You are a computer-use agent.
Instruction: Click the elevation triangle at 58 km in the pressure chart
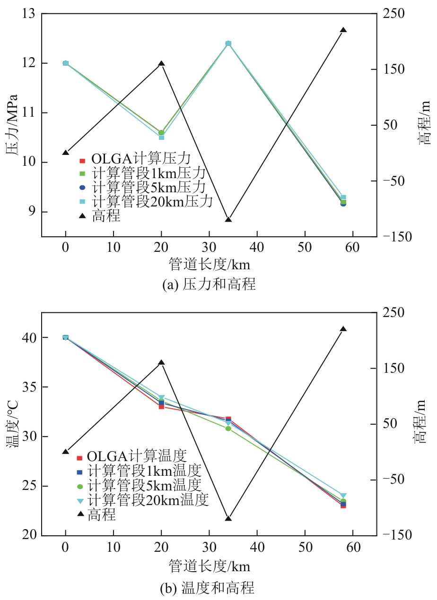343,30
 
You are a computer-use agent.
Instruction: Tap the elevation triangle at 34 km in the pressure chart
228,219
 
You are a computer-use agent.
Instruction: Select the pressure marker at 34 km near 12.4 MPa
228,43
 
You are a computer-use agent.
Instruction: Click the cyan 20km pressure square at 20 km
161,137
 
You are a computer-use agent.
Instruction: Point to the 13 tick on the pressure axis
29,14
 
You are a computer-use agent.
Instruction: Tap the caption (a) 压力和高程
209,284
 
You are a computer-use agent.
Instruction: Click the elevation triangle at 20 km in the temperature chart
161,362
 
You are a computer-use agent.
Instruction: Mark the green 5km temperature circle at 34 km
228,429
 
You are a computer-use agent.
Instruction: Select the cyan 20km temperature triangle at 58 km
343,496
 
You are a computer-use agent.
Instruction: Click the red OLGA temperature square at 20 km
161,406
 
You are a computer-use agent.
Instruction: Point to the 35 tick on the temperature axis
29,387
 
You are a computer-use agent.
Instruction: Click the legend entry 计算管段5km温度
145,485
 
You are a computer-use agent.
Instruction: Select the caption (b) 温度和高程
208,588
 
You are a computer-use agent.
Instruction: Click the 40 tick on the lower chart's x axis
257,547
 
